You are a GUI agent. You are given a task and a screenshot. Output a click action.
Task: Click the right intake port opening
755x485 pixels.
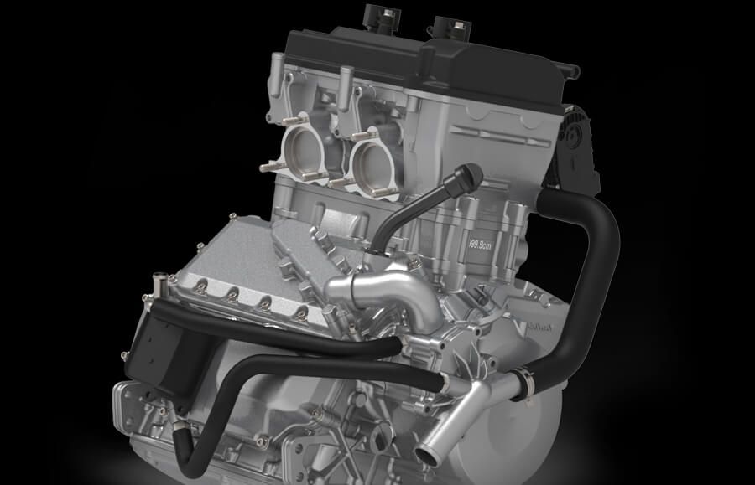(374, 159)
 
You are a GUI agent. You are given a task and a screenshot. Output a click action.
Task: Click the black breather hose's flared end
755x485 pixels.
(471, 175)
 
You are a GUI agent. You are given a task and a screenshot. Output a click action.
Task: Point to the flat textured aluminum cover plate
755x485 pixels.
(226, 251)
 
